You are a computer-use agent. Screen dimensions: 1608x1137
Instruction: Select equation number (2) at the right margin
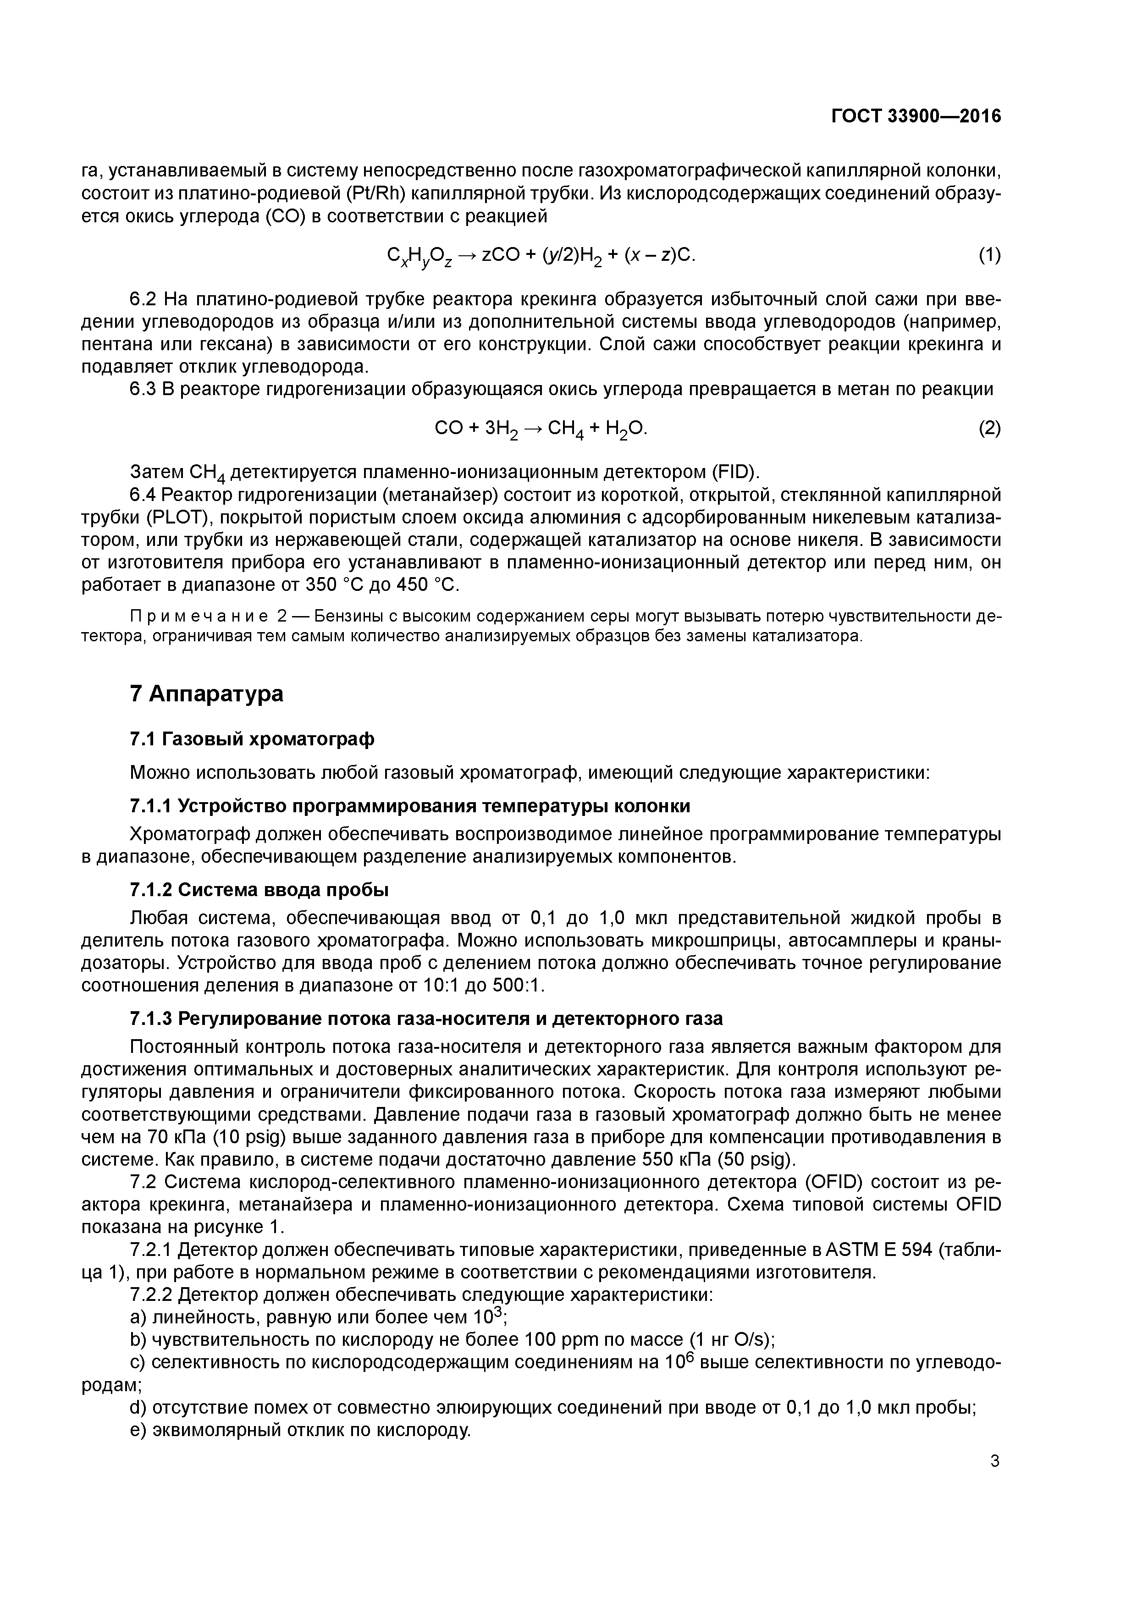point(989,427)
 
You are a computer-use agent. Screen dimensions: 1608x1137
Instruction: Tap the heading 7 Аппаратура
point(207,694)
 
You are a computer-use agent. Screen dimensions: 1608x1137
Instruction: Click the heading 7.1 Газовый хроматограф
point(252,739)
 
